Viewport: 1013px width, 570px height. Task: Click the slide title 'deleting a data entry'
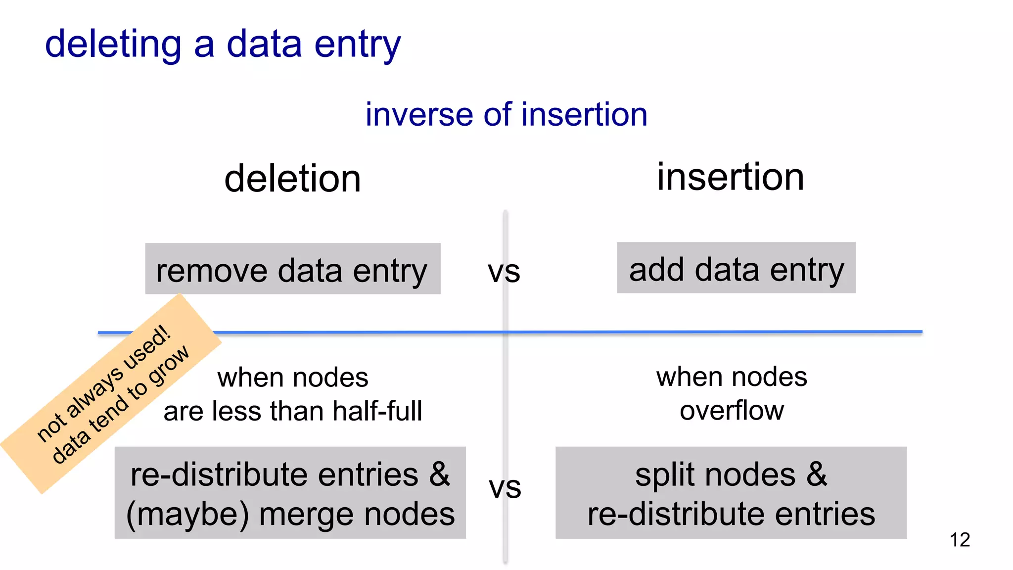(x=223, y=45)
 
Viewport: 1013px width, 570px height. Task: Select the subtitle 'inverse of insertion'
(x=506, y=114)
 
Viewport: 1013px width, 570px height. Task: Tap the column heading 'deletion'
(x=292, y=179)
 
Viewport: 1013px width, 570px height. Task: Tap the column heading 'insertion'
(x=730, y=177)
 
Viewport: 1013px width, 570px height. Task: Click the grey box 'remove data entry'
(x=292, y=269)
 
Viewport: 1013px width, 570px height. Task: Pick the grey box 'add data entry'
(x=736, y=268)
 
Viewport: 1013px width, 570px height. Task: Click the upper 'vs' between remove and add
(x=504, y=272)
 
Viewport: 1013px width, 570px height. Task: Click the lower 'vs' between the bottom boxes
(x=505, y=488)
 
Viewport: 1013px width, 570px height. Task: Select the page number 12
(x=959, y=540)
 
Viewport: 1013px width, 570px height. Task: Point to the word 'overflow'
(x=731, y=411)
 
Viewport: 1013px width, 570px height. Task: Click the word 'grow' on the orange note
(x=169, y=365)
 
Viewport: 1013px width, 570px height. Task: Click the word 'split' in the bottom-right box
(x=665, y=475)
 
